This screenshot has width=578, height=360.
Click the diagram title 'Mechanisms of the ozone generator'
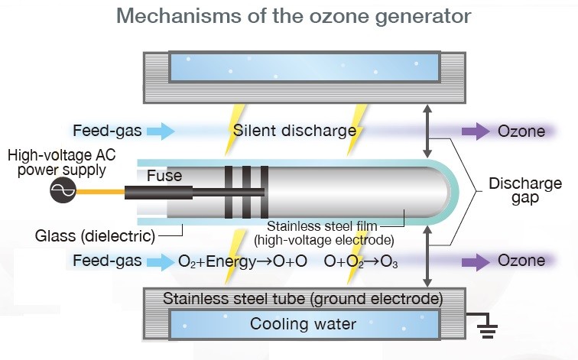coord(289,15)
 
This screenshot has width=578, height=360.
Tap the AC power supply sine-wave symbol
coord(62,193)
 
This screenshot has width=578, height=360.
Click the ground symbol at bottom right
coord(487,329)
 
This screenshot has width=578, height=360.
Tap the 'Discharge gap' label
coord(525,191)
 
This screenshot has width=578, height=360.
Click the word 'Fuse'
coord(164,177)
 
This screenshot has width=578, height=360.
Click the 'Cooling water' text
coord(304,324)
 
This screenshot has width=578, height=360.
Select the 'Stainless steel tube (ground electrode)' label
coord(304,297)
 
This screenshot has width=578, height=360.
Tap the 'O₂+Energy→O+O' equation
coord(242,261)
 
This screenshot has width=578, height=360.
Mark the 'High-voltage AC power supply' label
coord(57,163)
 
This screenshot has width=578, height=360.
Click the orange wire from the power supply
coord(100,193)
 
